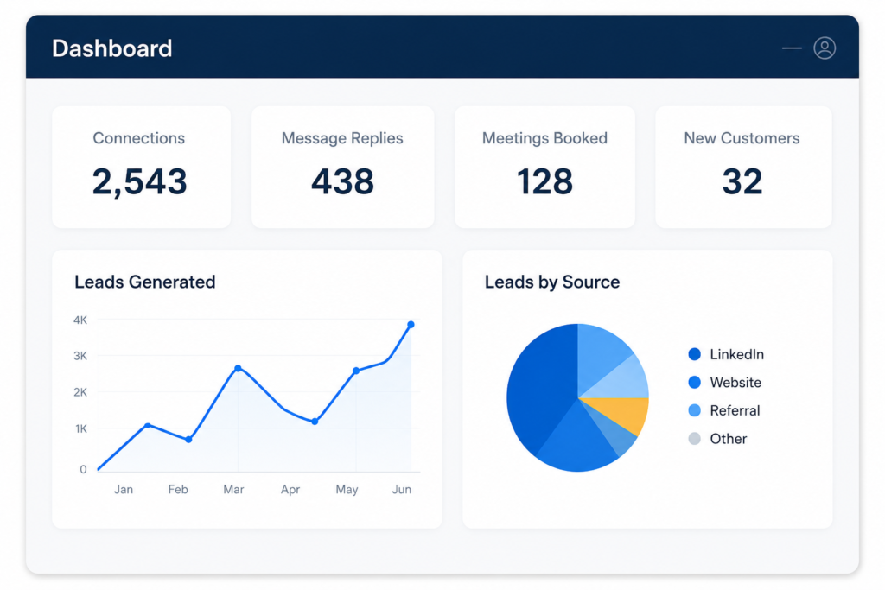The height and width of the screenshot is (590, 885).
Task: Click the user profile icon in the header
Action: [x=824, y=48]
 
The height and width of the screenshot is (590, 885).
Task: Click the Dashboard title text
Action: [x=111, y=48]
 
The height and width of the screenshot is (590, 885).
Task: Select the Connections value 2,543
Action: [x=139, y=181]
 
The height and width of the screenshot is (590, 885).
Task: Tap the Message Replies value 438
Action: [x=342, y=181]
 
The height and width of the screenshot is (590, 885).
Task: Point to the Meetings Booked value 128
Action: [x=544, y=181]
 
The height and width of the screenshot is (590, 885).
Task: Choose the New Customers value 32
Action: [x=742, y=181]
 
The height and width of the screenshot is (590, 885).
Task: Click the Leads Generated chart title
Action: [x=145, y=282]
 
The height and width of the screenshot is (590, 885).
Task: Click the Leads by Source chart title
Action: [x=552, y=282]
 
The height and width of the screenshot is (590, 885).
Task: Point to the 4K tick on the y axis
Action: [x=80, y=320]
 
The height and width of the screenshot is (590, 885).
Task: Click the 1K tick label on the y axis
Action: [x=80, y=428]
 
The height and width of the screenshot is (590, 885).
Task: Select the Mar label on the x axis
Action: [x=233, y=489]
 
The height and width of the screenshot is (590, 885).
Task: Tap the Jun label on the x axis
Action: [x=402, y=489]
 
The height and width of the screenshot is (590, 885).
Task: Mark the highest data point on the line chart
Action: [x=411, y=324]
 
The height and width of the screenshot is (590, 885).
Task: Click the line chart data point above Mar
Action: [x=239, y=368]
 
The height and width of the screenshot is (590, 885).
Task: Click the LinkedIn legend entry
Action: [x=726, y=354]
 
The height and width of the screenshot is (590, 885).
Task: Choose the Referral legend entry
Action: [x=724, y=410]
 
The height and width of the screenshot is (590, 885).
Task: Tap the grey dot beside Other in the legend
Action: [x=694, y=438]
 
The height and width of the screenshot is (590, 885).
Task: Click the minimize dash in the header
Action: [x=792, y=48]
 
